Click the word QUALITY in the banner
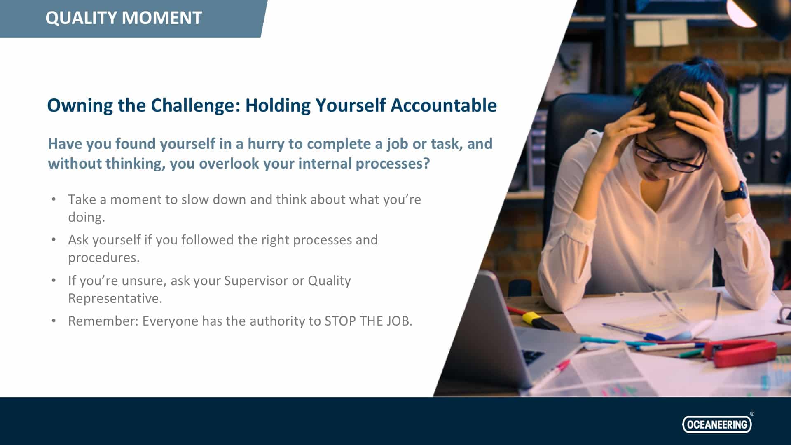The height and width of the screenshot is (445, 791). (81, 18)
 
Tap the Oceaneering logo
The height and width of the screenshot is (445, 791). (717, 424)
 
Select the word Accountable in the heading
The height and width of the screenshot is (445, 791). (444, 105)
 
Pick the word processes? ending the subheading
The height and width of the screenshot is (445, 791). (393, 164)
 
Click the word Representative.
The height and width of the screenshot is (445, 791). (115, 298)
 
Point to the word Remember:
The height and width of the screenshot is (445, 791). (103, 321)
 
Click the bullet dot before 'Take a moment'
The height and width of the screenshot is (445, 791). (54, 199)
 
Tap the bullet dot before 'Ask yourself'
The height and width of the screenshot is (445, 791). (54, 240)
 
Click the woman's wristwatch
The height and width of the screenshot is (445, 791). (735, 192)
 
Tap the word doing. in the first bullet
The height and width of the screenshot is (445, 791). (87, 217)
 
